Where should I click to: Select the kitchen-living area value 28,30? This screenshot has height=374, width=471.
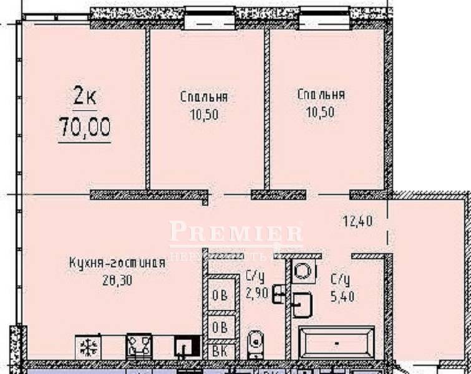coord(117,279)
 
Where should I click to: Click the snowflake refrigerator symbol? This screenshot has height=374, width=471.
coord(87,346)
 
